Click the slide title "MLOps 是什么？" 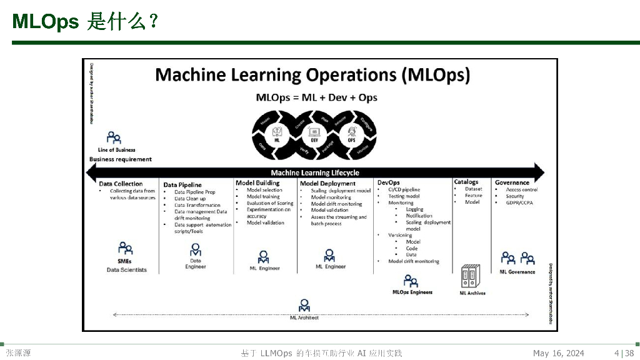coord(84,22)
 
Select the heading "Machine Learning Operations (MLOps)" coord(312,75)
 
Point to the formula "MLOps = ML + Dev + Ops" coord(316,97)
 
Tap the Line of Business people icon coord(113,137)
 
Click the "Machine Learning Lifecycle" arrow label coord(315,172)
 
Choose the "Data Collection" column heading coord(121,184)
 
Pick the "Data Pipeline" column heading coord(182,185)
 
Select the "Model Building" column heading coord(257,182)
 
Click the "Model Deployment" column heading coord(327,184)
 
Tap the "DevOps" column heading coord(388,182)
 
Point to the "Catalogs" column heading coord(466,182)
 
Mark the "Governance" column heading coord(512,182)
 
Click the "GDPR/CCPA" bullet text coord(519,202)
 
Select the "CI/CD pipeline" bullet coord(404,189)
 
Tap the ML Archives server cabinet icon coord(472,276)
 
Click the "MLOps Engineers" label coord(412,292)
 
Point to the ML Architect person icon coord(304,306)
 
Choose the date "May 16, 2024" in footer coord(558,354)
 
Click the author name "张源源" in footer coord(18,354)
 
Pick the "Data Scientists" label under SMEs coord(126,270)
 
